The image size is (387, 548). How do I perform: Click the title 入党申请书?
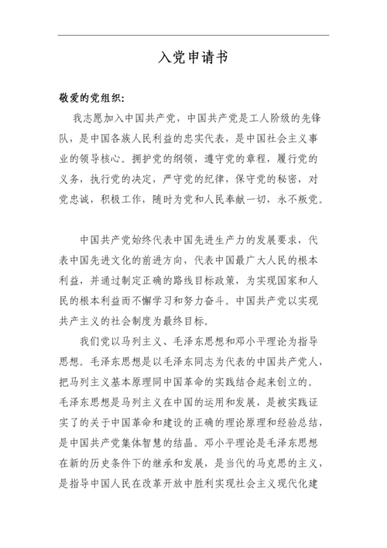click(x=193, y=59)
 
